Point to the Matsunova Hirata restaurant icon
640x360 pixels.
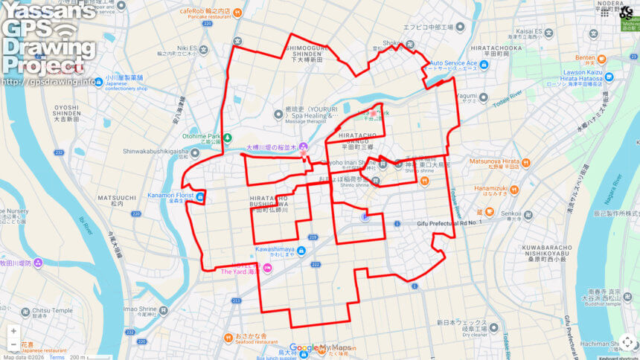(525, 161)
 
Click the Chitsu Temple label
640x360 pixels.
(52, 310)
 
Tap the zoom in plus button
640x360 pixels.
(13, 331)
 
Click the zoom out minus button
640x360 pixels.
(13, 344)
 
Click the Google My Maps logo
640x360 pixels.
(320, 347)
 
